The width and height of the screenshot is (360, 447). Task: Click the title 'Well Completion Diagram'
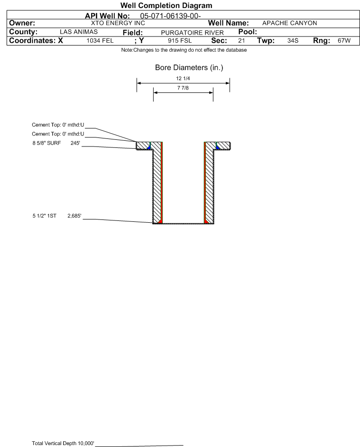[166, 5]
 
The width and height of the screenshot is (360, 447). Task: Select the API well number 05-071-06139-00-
[171, 16]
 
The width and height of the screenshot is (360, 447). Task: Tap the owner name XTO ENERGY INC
[118, 23]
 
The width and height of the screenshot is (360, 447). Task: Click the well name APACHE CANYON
[289, 23]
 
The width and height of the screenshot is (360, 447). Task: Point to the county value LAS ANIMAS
[79, 32]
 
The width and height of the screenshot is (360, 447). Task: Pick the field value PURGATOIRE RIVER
[192, 33]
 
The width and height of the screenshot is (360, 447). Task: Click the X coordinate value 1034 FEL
[100, 40]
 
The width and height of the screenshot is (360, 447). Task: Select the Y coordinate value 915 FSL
[180, 40]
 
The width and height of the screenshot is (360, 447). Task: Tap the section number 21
[241, 40]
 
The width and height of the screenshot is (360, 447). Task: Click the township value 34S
[293, 40]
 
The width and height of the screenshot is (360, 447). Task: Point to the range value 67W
[344, 40]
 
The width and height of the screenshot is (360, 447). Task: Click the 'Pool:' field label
[248, 32]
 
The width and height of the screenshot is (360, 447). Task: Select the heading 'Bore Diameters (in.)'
[189, 68]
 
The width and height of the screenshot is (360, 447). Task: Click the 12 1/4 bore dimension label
[183, 78]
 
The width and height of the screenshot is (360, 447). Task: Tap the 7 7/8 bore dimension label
[183, 88]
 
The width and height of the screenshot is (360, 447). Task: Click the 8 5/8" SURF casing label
[46, 143]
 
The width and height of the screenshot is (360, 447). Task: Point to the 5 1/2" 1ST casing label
[45, 216]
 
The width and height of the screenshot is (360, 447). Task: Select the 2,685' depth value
[74, 216]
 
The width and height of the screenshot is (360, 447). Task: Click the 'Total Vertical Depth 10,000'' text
[63, 443]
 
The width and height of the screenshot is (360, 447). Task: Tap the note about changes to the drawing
[184, 50]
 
